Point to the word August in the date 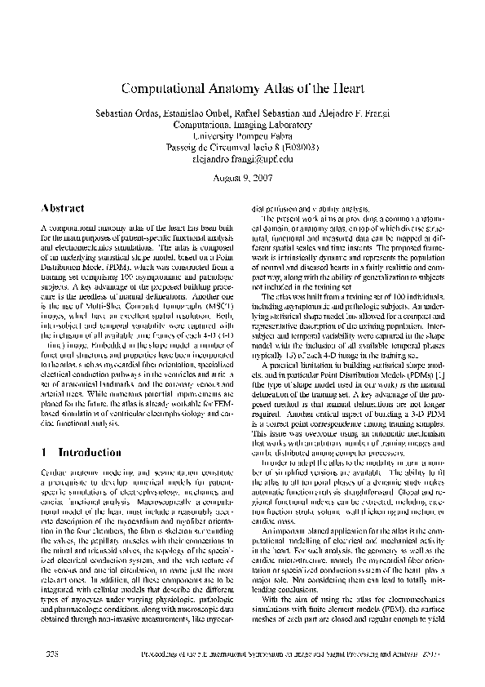[x=226, y=178]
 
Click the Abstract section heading [x=63, y=208]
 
